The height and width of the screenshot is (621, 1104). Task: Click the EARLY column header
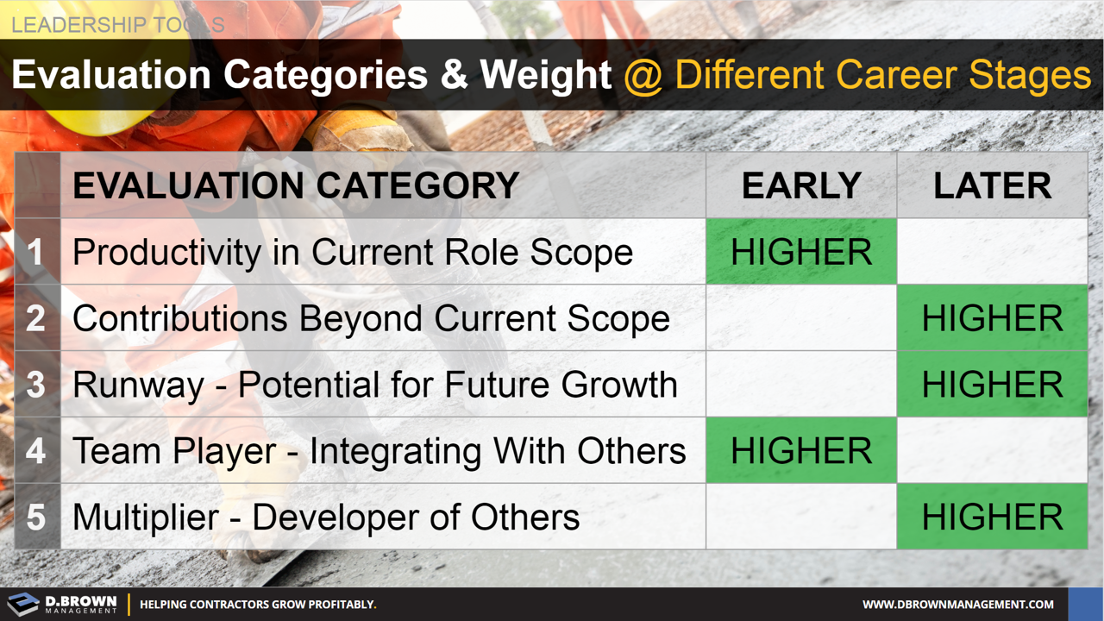pyautogui.click(x=801, y=186)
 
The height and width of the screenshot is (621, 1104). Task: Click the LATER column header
pyautogui.click(x=992, y=186)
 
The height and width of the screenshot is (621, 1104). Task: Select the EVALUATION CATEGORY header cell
pyautogui.click(x=296, y=186)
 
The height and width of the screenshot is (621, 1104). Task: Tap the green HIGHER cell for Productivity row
pyautogui.click(x=801, y=252)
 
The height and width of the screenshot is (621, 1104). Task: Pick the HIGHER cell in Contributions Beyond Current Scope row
pyautogui.click(x=992, y=318)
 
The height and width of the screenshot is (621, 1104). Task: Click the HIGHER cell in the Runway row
pyautogui.click(x=992, y=385)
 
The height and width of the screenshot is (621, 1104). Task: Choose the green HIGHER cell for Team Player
pyautogui.click(x=801, y=451)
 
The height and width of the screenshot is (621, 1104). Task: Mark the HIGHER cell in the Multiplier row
pyautogui.click(x=992, y=517)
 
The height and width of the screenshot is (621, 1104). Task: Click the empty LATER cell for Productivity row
pyautogui.click(x=992, y=252)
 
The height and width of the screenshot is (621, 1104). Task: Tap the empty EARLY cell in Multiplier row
pyautogui.click(x=801, y=517)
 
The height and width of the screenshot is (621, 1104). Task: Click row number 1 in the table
pyautogui.click(x=35, y=252)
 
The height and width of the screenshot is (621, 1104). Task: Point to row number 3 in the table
pyautogui.click(x=35, y=385)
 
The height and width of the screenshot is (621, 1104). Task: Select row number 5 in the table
pyautogui.click(x=35, y=517)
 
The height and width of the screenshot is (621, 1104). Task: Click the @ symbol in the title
pyautogui.click(x=643, y=76)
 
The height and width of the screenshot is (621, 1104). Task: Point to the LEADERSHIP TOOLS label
pyautogui.click(x=117, y=24)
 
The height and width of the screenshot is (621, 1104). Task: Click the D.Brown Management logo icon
pyautogui.click(x=23, y=604)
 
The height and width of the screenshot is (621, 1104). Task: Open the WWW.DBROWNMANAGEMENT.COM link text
pyautogui.click(x=958, y=605)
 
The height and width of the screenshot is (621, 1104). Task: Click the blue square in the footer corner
pyautogui.click(x=1086, y=604)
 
